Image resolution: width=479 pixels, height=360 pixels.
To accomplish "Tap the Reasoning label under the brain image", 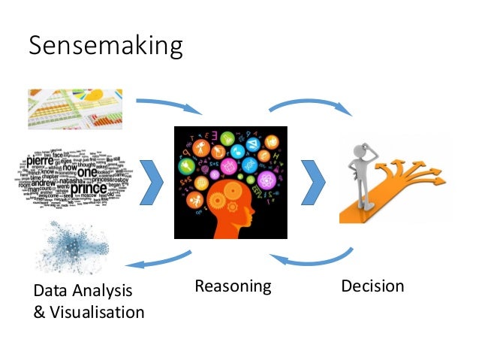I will [232, 286].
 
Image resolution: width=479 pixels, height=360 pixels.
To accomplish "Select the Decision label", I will [372, 286].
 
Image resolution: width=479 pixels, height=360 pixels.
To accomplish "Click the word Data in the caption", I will [52, 291].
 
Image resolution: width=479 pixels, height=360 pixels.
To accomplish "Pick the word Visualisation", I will [97, 311].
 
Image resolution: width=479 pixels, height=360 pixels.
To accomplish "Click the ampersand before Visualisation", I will [40, 311].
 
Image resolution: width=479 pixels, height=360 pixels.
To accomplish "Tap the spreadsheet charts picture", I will [75, 109].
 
